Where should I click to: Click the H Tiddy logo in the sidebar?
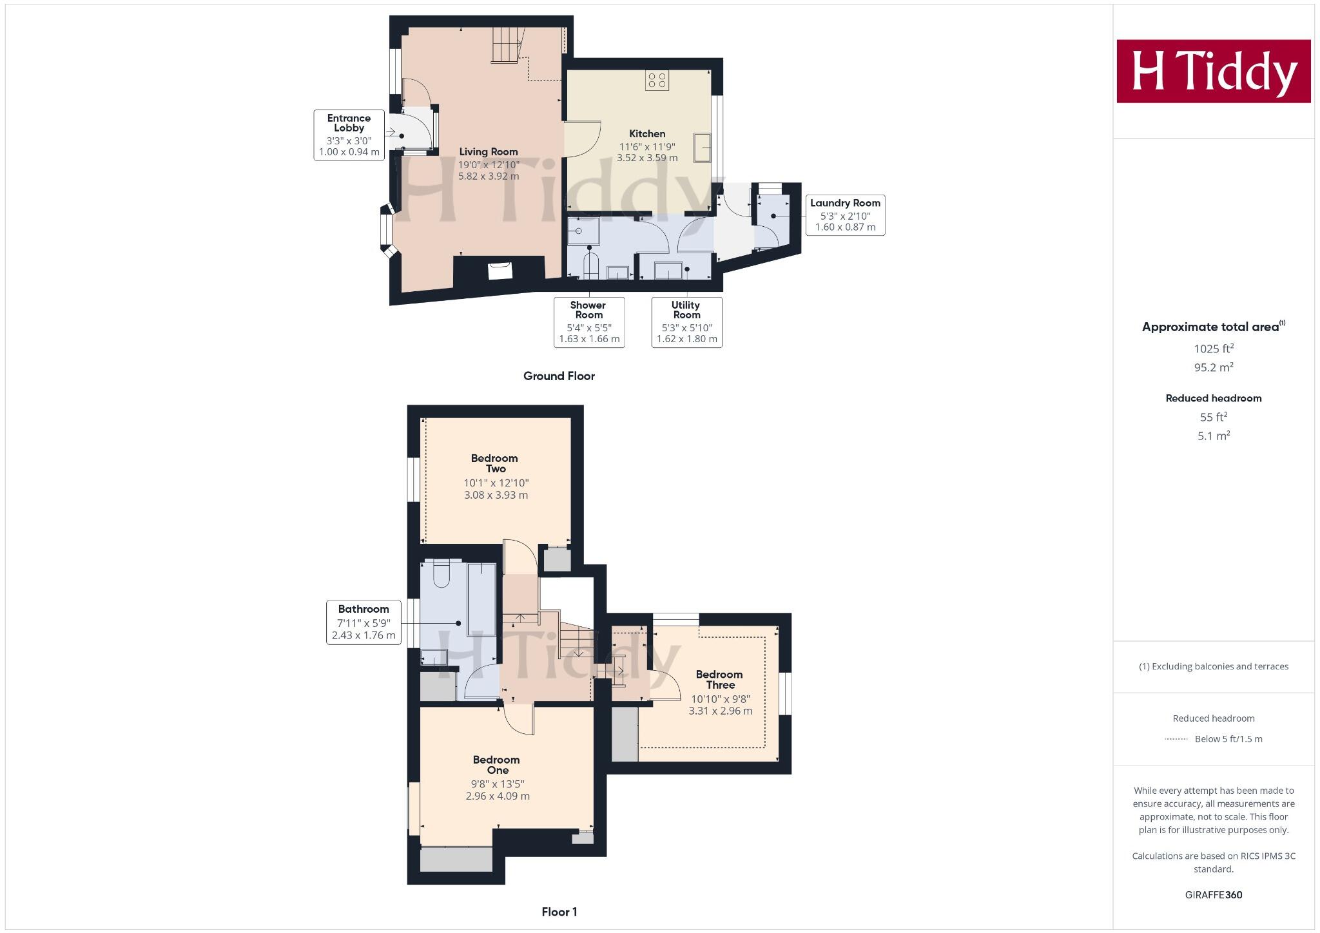click(x=1213, y=71)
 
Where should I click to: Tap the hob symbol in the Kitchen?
click(x=657, y=81)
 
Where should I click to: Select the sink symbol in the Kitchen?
click(x=702, y=148)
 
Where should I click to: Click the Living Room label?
click(x=489, y=152)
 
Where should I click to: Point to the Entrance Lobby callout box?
click(x=349, y=135)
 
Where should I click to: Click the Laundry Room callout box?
click(x=845, y=215)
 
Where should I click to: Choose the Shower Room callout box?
click(x=589, y=322)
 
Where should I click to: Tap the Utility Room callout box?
click(x=686, y=322)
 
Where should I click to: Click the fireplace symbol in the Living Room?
click(x=500, y=271)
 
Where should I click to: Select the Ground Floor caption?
click(x=559, y=376)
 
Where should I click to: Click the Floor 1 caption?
click(x=559, y=912)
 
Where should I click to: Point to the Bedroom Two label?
click(x=495, y=464)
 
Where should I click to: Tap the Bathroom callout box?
click(x=364, y=622)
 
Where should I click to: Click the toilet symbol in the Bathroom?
click(x=442, y=574)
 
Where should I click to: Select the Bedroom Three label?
click(x=719, y=680)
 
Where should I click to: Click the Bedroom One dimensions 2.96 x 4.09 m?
click(x=498, y=796)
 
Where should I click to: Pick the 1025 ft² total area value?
click(x=1213, y=349)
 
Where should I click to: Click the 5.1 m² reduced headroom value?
click(x=1213, y=436)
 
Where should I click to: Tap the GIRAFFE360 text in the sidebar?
click(x=1213, y=895)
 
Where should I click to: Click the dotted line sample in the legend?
click(x=1176, y=739)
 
